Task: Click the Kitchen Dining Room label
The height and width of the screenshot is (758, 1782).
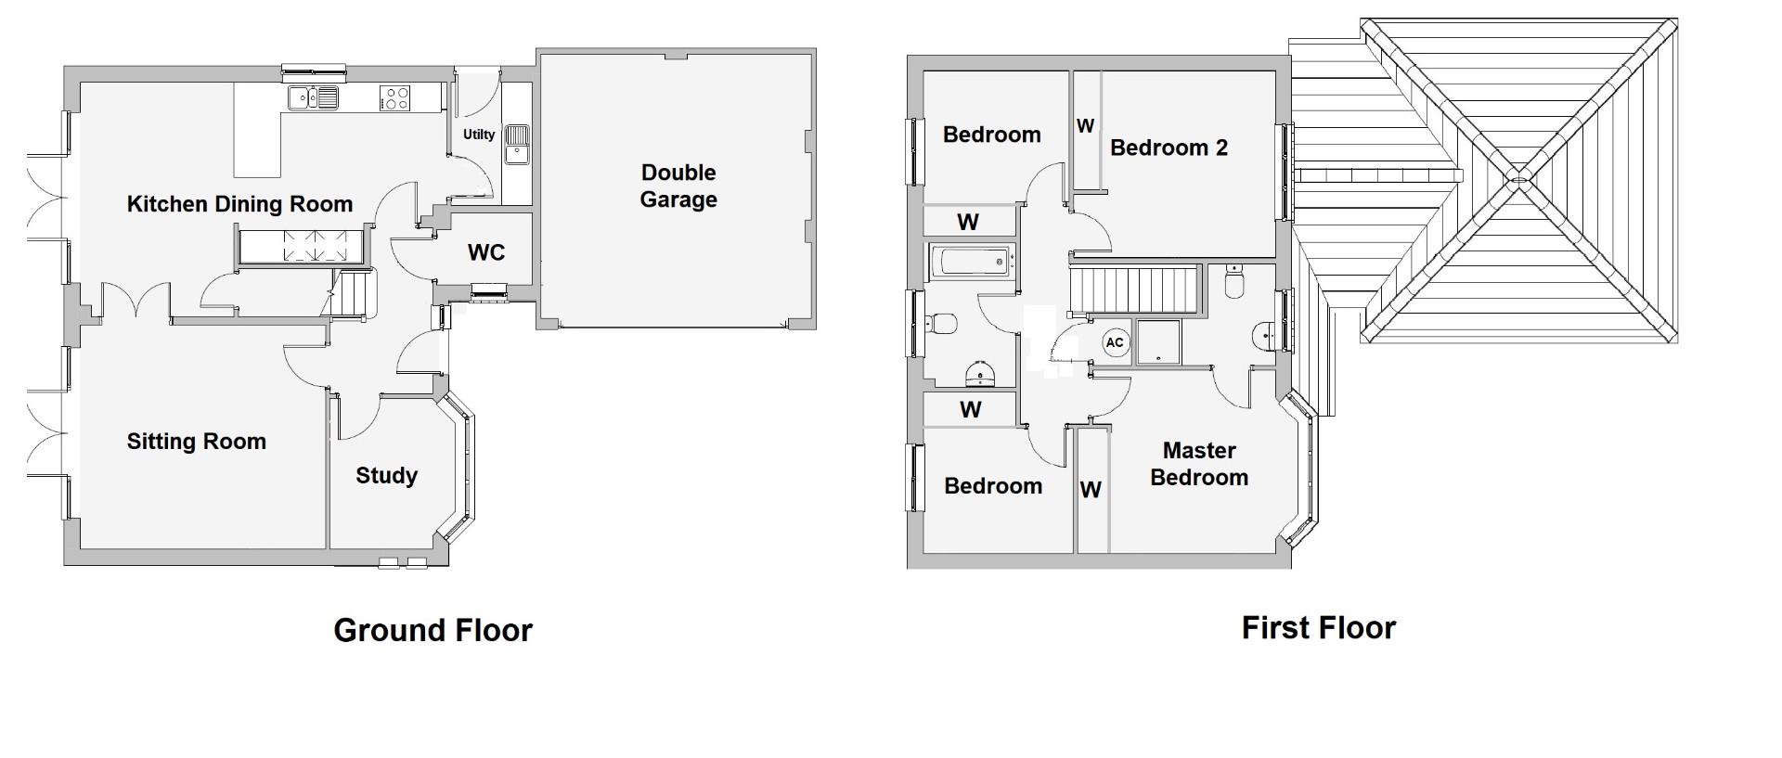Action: (239, 204)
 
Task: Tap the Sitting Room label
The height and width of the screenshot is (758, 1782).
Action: (197, 442)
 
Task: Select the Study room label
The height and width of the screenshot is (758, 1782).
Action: (386, 476)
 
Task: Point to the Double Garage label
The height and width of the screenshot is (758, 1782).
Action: (678, 186)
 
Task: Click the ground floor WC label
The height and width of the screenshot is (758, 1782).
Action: (486, 252)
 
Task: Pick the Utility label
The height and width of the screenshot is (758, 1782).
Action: (479, 135)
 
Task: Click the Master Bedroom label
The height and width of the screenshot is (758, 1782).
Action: (1199, 464)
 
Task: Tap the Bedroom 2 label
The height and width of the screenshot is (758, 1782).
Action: (1169, 148)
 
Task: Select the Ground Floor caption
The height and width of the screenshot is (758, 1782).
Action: (433, 631)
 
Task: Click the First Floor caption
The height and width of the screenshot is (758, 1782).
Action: (1318, 628)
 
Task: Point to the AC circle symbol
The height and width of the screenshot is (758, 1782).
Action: (1115, 342)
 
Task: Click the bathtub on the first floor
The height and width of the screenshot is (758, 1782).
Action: (972, 262)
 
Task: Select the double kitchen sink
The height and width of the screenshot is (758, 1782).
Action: (313, 96)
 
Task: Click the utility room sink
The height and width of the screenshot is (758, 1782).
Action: (516, 145)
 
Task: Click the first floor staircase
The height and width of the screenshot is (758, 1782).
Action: (1133, 289)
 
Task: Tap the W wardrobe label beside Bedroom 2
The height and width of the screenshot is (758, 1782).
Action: (1085, 125)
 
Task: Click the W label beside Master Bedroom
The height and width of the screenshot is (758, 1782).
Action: (1091, 489)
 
